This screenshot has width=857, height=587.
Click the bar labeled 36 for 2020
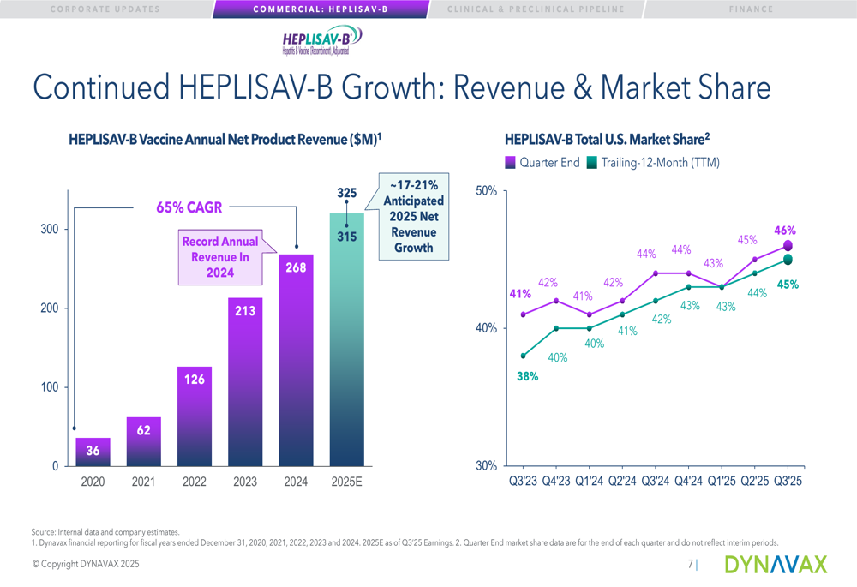93,452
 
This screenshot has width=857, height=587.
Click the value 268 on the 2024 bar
296,267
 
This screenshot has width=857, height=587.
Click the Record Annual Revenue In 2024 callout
219,256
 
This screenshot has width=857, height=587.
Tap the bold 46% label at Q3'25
785,230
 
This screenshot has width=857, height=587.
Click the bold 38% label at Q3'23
526,375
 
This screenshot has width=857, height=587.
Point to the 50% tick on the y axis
486,190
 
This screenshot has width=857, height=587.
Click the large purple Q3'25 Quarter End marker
788,246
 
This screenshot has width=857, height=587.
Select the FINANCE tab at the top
751,9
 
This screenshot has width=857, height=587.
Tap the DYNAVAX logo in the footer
776,564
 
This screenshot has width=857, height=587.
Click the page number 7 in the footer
691,564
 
